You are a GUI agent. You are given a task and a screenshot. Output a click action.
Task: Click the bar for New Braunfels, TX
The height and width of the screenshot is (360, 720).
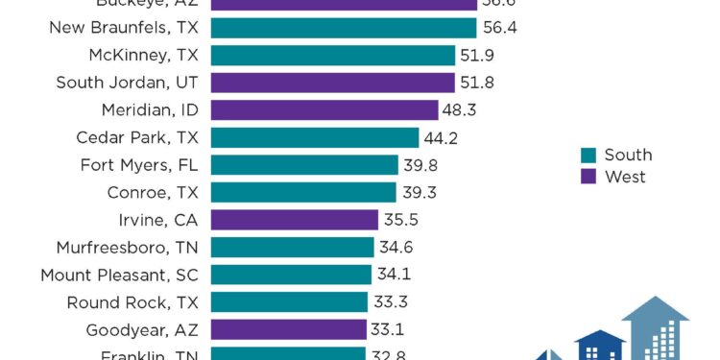pyautogui.click(x=343, y=28)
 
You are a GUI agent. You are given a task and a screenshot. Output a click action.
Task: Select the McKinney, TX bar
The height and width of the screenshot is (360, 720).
pyautogui.click(x=332, y=55)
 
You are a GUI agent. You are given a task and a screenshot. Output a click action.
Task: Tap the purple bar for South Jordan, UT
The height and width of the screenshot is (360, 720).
pyautogui.click(x=332, y=83)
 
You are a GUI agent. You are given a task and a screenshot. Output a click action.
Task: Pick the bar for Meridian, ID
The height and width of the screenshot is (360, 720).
pyautogui.click(x=324, y=109)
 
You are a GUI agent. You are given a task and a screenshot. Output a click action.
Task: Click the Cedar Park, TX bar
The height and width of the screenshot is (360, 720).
pyautogui.click(x=314, y=137)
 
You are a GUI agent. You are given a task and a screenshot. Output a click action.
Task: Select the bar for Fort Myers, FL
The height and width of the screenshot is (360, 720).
pyautogui.click(x=303, y=165)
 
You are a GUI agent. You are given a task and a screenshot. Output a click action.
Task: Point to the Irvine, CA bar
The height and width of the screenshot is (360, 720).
pyautogui.click(x=294, y=220)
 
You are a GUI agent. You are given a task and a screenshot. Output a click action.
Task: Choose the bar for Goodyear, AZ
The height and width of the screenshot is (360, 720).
pyautogui.click(x=288, y=330)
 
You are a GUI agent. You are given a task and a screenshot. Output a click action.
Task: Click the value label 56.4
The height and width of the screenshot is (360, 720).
pyautogui.click(x=499, y=28)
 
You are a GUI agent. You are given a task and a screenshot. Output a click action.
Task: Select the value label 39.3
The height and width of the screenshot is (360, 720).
pyautogui.click(x=418, y=192)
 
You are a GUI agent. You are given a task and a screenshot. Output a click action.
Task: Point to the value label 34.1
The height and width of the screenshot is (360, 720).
pyautogui.click(x=394, y=275)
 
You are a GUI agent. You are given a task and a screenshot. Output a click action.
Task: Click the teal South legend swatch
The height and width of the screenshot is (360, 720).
pyautogui.click(x=588, y=156)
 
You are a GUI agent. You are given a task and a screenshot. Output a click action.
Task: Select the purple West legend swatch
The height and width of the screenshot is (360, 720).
pyautogui.click(x=588, y=177)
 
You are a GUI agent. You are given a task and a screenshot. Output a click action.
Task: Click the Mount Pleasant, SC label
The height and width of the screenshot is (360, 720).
pyautogui.click(x=119, y=276)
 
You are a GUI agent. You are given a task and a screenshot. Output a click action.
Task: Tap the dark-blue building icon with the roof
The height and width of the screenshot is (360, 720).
pyautogui.click(x=600, y=346)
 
